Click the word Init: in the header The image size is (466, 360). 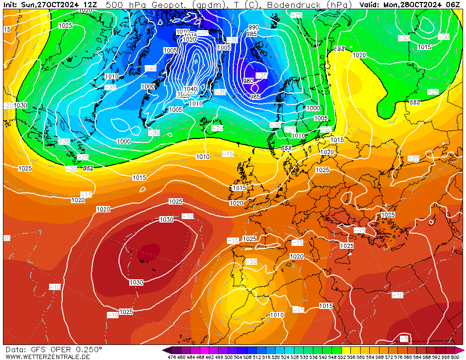(x=11, y=4)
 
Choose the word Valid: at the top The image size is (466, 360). (x=370, y=4)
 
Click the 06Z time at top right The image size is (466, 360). (x=453, y=4)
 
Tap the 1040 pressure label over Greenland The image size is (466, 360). (x=190, y=89)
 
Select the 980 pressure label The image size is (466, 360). (x=248, y=81)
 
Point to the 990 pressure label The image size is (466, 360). (x=254, y=28)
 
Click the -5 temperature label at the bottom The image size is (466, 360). (x=404, y=339)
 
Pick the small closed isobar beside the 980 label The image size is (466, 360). (x=255, y=88)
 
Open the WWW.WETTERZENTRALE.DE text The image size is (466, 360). (x=48, y=357)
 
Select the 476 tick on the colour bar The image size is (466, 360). (x=172, y=357)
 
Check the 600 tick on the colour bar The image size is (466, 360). (x=455, y=357)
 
